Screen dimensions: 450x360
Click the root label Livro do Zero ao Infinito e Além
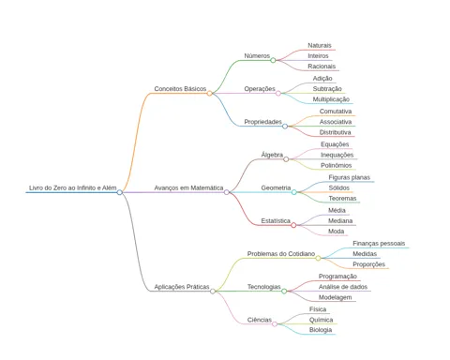72,187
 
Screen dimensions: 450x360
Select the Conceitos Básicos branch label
180,89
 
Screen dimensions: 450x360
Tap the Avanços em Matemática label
188,187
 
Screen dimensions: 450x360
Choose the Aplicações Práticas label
182,287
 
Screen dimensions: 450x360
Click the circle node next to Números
273,60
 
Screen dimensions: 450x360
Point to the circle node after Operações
278,93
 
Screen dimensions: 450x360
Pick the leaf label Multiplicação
331,99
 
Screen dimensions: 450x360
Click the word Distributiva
335,132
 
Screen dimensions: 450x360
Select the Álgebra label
272,155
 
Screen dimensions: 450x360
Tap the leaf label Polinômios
337,165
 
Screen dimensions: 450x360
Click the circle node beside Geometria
293,192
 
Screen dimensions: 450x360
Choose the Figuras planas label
349,177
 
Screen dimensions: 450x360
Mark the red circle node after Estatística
293,225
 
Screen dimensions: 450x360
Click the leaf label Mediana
340,221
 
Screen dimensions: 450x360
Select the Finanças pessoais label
379,243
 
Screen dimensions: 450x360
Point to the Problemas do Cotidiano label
281,254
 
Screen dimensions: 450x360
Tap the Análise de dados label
343,287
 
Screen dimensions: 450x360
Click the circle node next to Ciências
275,324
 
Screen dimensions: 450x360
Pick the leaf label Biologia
321,330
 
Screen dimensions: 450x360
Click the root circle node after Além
119,192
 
